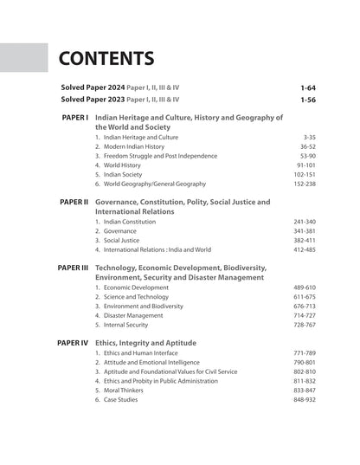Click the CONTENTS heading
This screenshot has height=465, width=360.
pyautogui.click(x=106, y=59)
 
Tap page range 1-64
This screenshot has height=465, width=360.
pyautogui.click(x=307, y=87)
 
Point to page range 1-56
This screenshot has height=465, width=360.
pyautogui.click(x=307, y=100)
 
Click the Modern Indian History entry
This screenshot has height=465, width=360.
pyautogui.click(x=138, y=148)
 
